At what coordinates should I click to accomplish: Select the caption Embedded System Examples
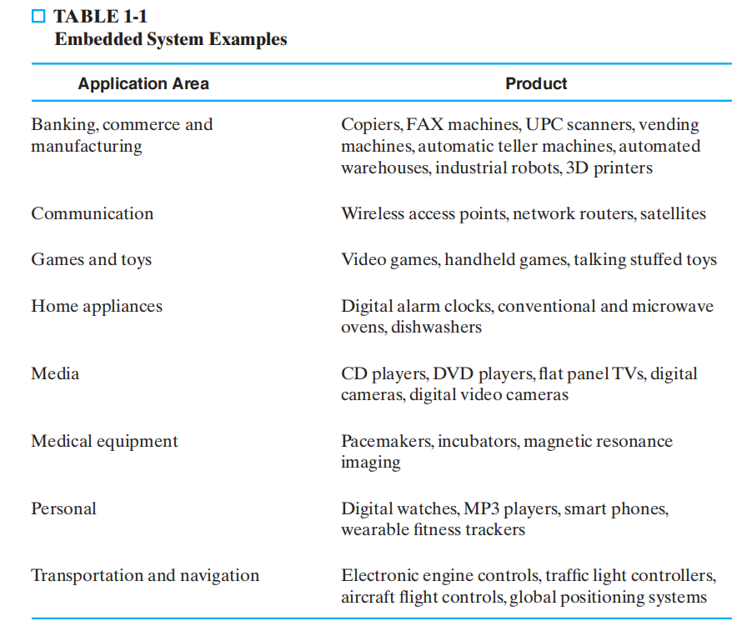(170, 39)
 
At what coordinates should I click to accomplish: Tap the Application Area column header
(143, 83)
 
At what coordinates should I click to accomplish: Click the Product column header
(536, 83)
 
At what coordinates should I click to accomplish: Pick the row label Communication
(93, 213)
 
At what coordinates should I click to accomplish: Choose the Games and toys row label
(92, 259)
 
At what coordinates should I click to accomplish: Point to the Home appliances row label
(97, 306)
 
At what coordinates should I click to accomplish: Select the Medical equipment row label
(104, 441)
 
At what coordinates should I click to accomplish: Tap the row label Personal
(63, 508)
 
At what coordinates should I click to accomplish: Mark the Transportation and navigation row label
(145, 575)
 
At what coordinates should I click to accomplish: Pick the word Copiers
(371, 125)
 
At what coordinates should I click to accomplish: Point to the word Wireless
(373, 213)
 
